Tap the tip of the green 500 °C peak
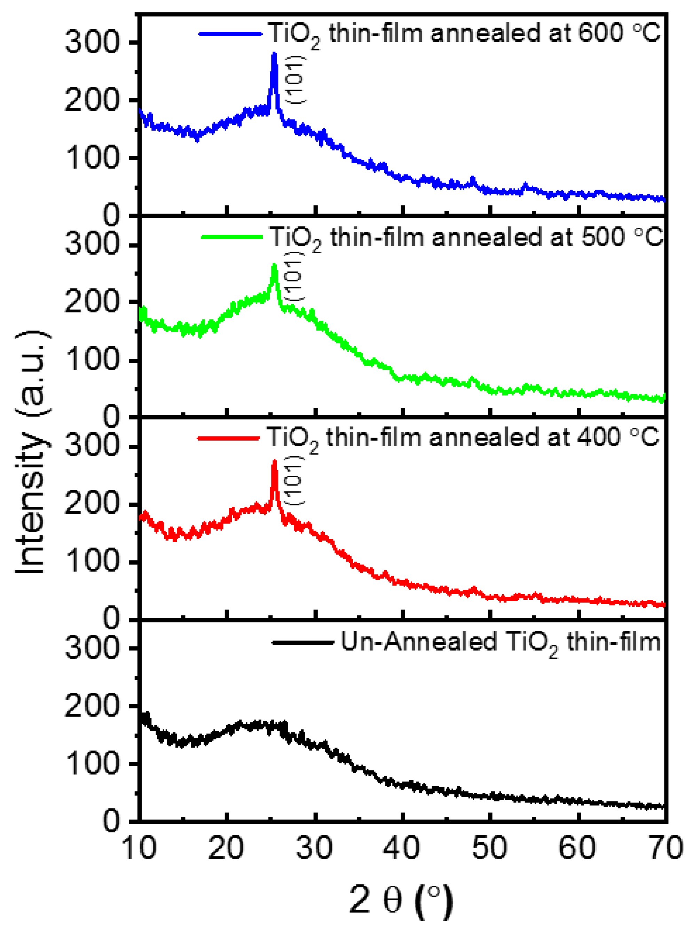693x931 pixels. pos(275,265)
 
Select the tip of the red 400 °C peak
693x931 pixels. pos(275,461)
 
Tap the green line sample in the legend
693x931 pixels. pos(231,237)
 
